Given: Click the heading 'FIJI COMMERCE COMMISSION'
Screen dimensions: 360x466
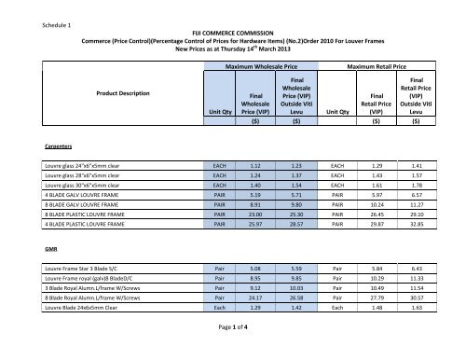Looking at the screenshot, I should pos(232,31).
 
